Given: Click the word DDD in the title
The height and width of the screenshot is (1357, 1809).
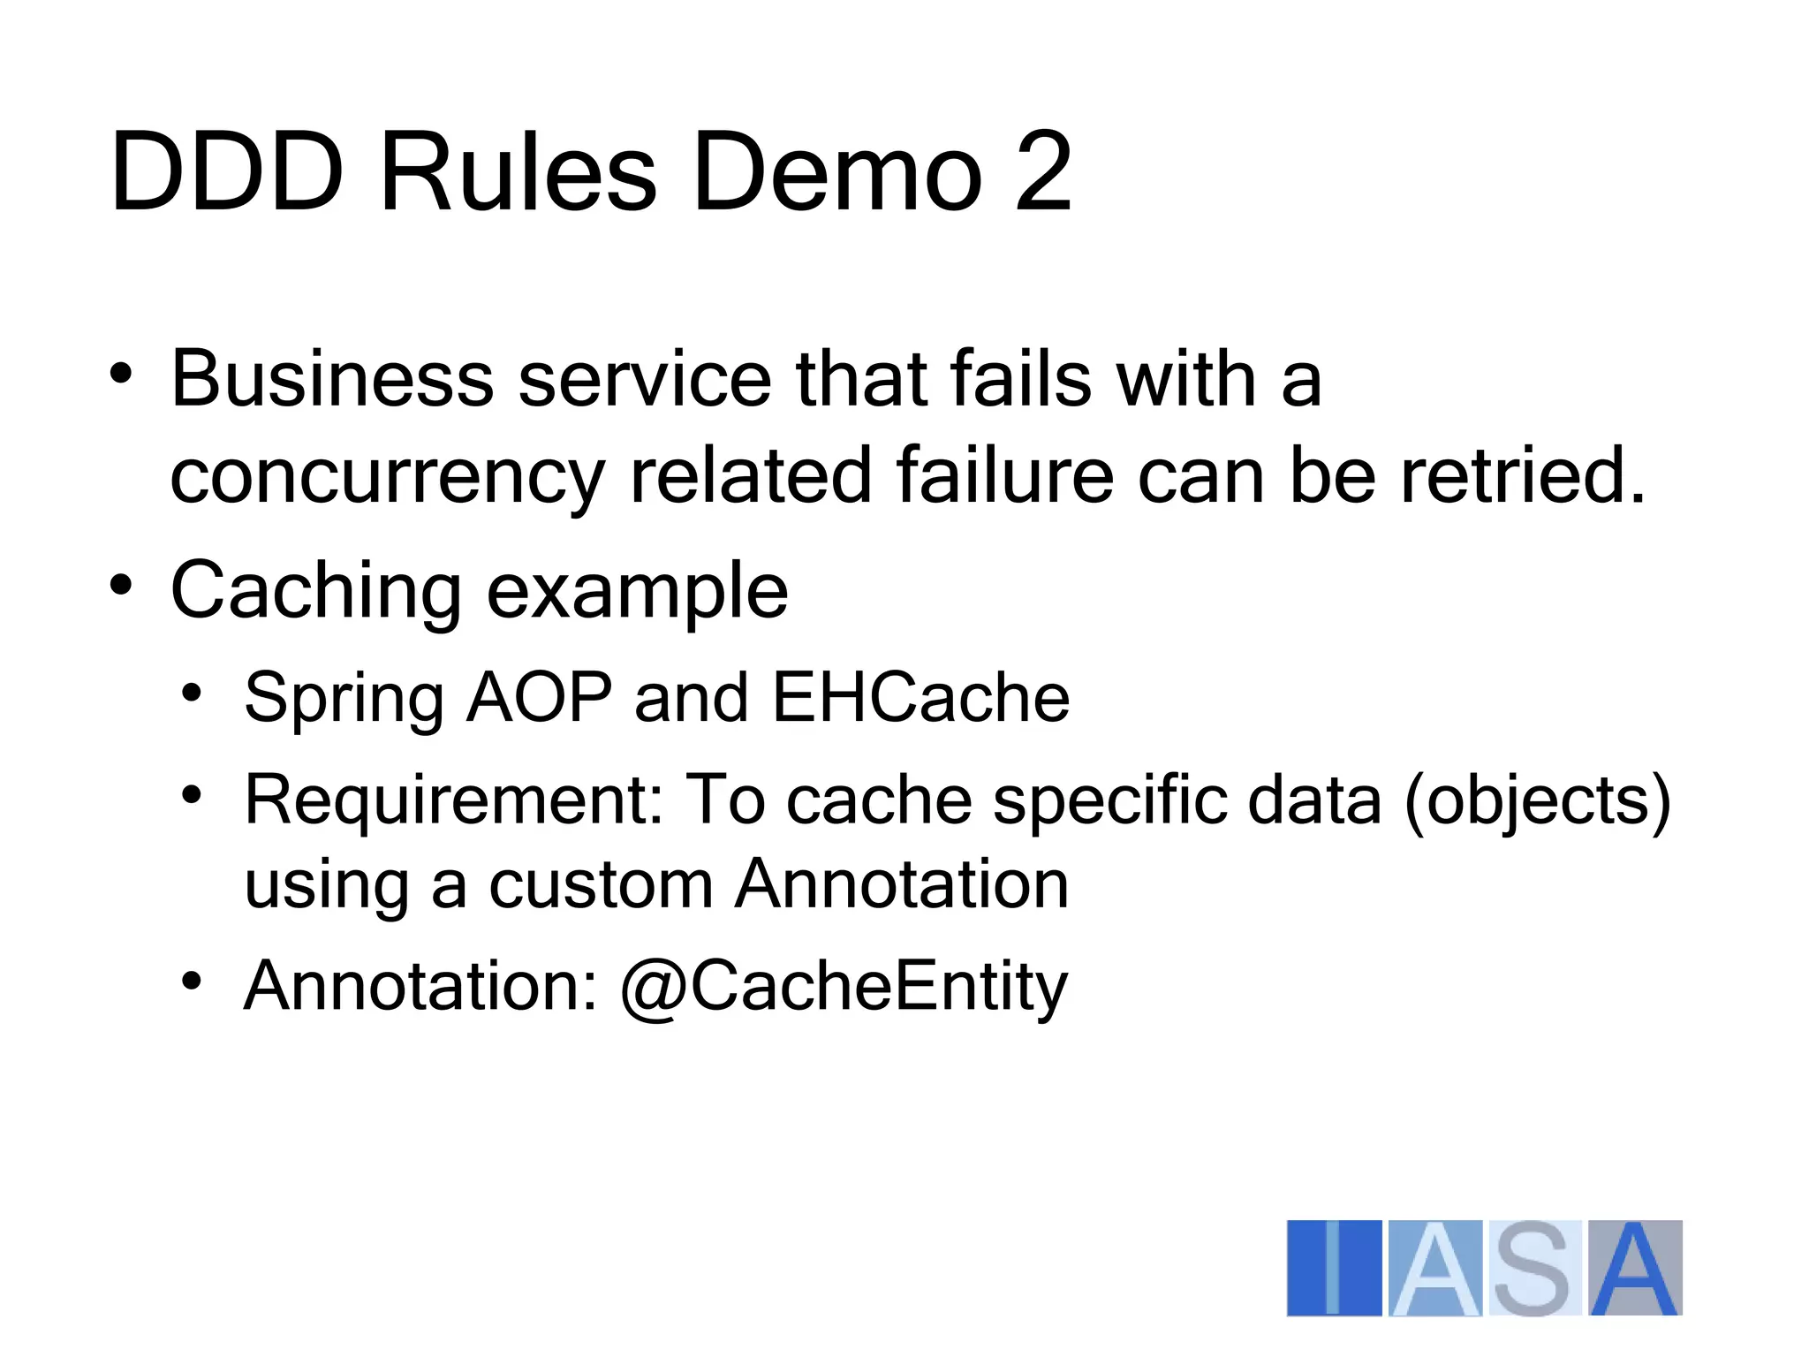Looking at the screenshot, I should [226, 171].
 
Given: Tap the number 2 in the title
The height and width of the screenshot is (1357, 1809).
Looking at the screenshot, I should [1043, 171].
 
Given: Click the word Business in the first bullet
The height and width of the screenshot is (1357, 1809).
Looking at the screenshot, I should [332, 380].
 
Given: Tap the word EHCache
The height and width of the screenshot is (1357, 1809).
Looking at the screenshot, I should [920, 698].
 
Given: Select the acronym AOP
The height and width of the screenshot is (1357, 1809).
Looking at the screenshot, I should [539, 698].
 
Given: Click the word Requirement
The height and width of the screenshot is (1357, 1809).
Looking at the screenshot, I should [453, 800].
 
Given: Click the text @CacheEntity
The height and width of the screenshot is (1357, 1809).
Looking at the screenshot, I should [844, 987].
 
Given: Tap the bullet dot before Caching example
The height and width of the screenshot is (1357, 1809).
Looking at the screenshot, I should [121, 585].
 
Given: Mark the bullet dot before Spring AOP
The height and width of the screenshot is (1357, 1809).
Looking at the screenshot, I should [192, 692].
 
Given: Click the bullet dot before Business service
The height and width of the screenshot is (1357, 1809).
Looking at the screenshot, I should [121, 374].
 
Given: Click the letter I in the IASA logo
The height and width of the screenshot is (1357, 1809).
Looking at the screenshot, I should [1334, 1268].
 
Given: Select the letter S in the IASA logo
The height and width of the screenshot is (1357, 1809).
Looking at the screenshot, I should [1533, 1268].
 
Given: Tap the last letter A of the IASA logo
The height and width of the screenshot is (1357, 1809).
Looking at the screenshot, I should [1635, 1268].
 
